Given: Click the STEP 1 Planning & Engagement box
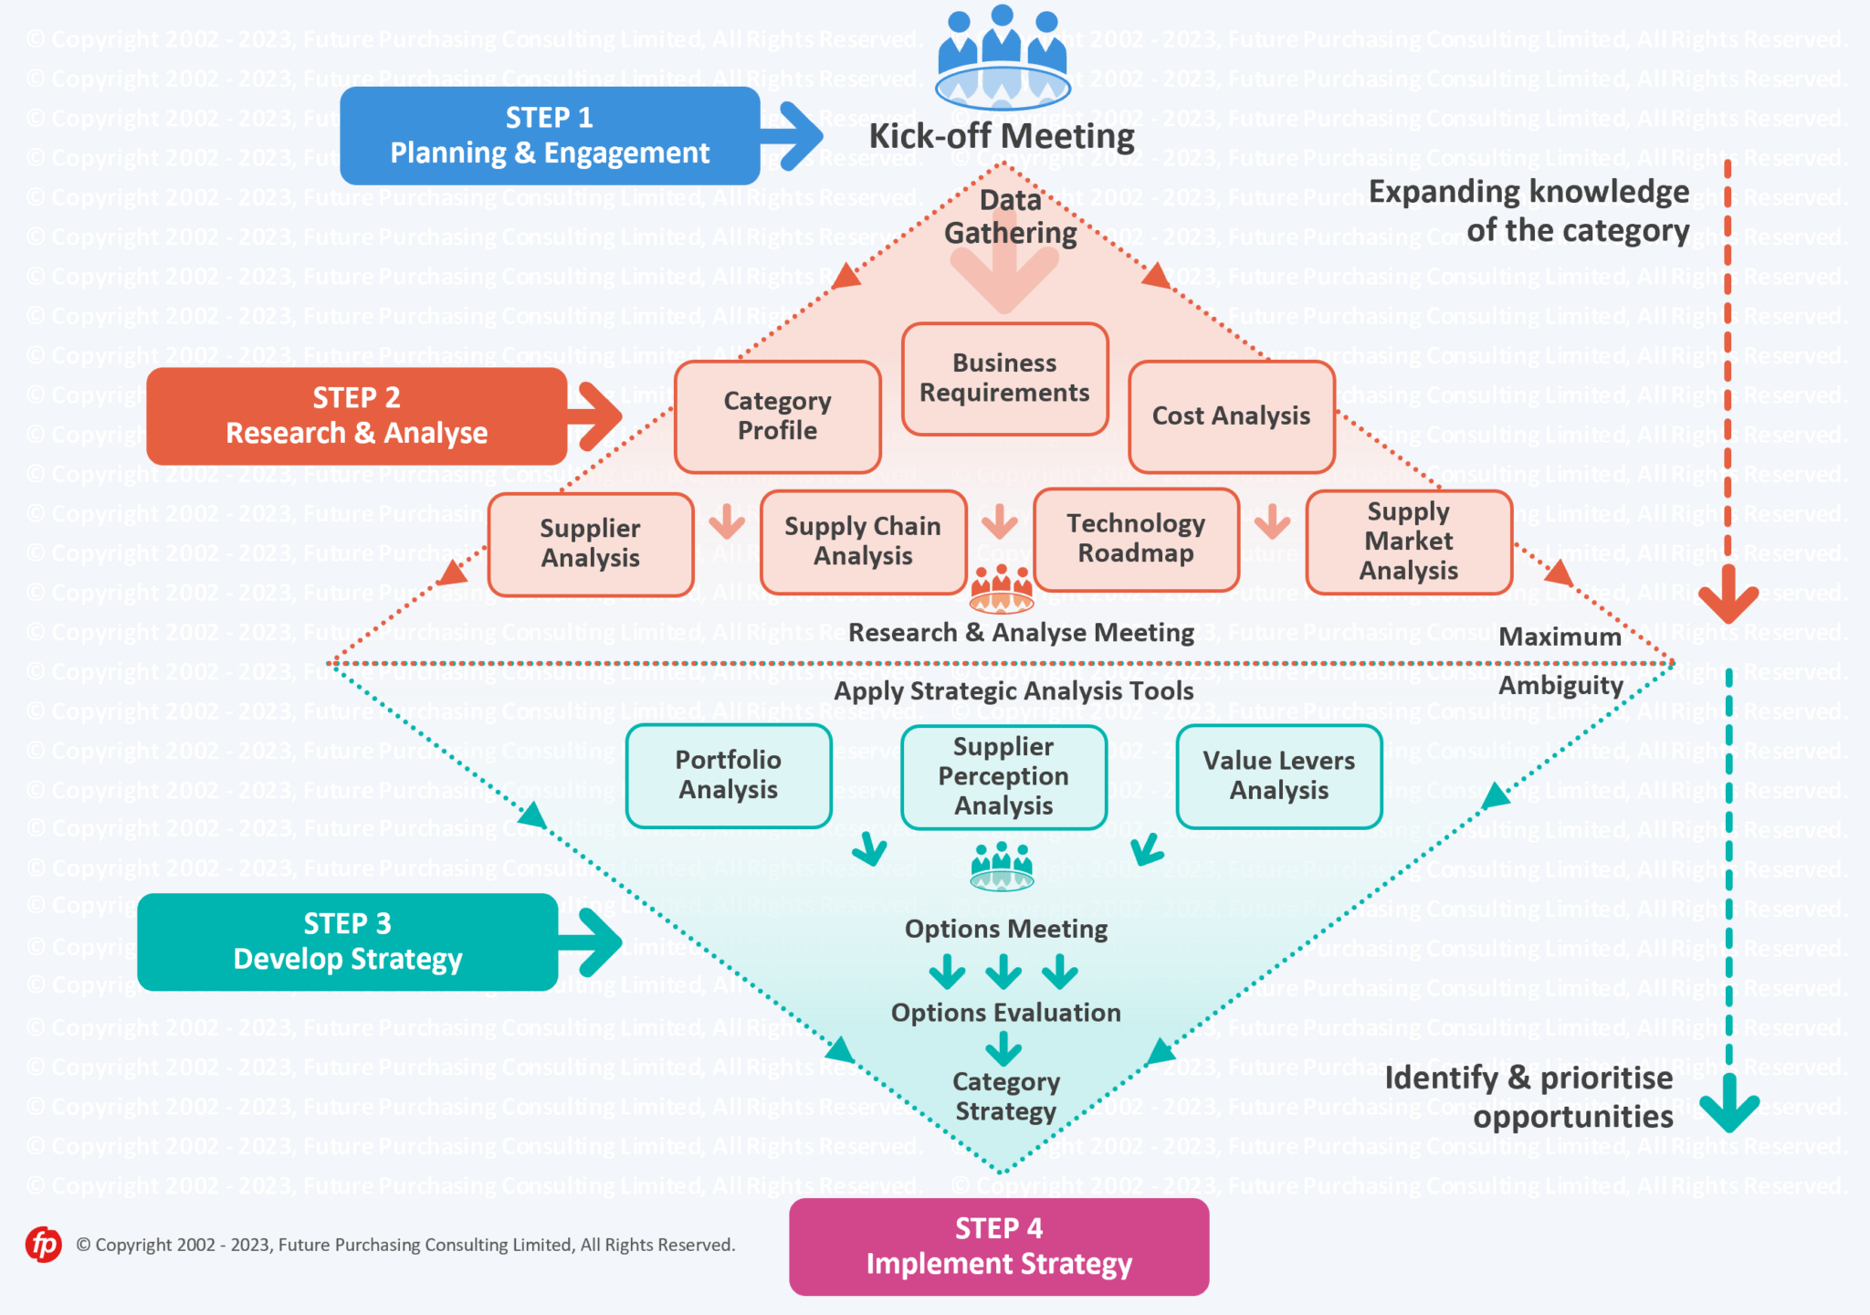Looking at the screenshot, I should (x=550, y=135).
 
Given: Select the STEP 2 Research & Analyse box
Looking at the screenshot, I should (x=356, y=416).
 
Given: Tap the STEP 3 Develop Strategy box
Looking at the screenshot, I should (x=347, y=942).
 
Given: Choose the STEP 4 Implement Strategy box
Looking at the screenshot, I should (x=999, y=1247).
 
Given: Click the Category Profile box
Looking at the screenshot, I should (x=777, y=416).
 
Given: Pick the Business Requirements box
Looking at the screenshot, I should (x=1004, y=378).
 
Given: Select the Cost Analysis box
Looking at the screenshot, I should (x=1231, y=416).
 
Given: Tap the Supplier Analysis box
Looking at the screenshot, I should (x=590, y=544).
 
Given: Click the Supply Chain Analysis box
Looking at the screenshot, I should (x=863, y=542).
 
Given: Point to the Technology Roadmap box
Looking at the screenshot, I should (x=1136, y=539).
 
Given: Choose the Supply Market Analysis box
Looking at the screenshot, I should (x=1408, y=542).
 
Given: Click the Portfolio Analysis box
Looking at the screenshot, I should (x=728, y=775).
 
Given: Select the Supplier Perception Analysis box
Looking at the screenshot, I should (x=1003, y=776).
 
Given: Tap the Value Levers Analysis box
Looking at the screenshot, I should (x=1278, y=776).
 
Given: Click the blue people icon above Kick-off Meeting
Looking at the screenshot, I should (x=1002, y=57).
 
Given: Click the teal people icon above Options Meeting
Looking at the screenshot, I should (x=1002, y=867).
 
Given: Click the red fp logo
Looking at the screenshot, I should (x=43, y=1244).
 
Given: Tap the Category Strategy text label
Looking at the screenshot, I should (x=1005, y=1096).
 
